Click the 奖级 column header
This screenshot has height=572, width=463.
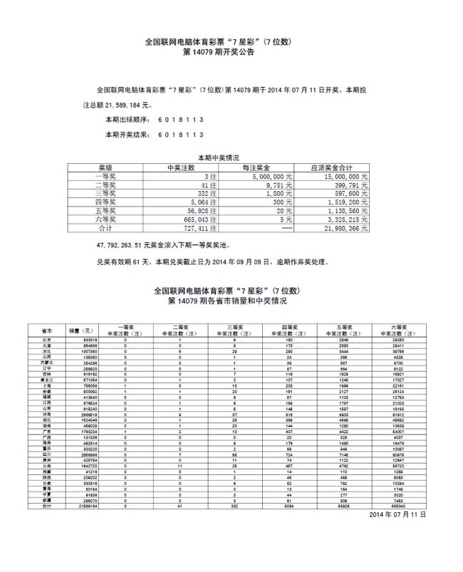[105, 167]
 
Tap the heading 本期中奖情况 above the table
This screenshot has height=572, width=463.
[218, 158]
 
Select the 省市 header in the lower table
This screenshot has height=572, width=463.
[46, 331]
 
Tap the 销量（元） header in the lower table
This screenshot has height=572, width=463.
[80, 331]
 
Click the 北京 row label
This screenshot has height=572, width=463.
[46, 340]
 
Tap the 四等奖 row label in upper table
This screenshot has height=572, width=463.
[105, 202]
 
